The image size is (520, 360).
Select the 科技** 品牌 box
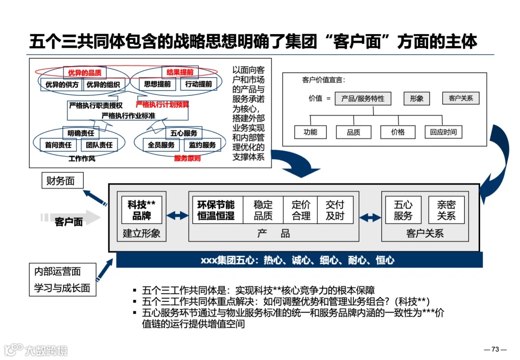142,210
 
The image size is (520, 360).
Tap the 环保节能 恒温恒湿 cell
216,210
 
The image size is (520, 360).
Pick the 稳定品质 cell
263,210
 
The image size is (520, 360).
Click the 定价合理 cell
301,210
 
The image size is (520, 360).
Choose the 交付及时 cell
335,210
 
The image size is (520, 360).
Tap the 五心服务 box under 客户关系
403,210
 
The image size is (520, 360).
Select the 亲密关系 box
446,210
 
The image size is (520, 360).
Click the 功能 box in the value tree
311,132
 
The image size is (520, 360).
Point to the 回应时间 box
443,132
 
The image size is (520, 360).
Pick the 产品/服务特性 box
363,99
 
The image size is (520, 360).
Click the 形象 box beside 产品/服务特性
416,99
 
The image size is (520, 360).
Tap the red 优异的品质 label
85,73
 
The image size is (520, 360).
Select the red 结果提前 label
180,73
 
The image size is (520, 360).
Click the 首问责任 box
58,145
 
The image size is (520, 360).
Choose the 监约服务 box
202,145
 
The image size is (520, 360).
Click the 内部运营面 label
57,271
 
